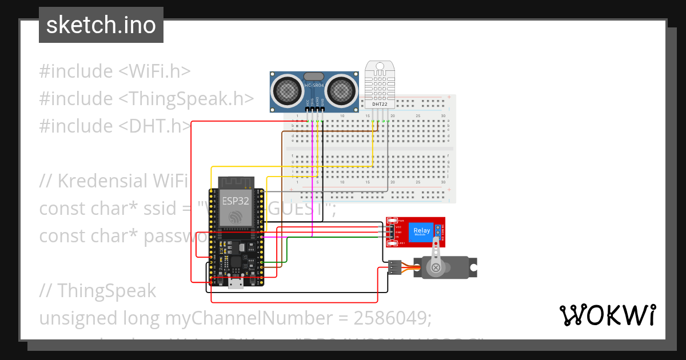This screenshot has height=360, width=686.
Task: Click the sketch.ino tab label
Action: point(101,25)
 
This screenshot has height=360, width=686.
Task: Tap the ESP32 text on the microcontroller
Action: point(234,201)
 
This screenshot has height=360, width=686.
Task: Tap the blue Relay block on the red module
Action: point(421,231)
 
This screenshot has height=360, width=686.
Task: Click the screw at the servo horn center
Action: point(436,267)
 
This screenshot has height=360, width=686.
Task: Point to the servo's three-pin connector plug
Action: point(394,267)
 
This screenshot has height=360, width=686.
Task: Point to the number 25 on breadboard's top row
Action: point(418,116)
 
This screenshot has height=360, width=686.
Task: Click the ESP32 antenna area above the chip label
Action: point(235,182)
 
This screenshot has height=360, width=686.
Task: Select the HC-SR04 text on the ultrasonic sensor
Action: point(314,85)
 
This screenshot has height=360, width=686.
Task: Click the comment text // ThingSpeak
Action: point(97,290)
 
